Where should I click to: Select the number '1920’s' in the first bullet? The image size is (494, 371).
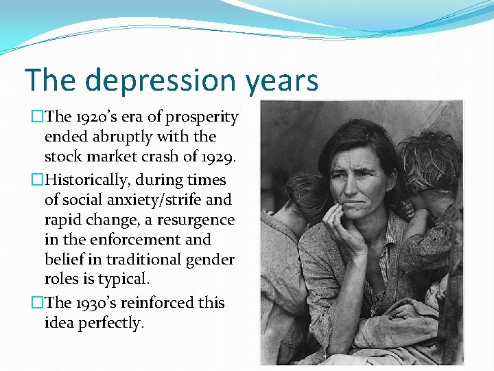[93, 117]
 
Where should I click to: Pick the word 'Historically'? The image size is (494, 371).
[86, 180]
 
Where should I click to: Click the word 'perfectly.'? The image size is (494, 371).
[110, 323]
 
